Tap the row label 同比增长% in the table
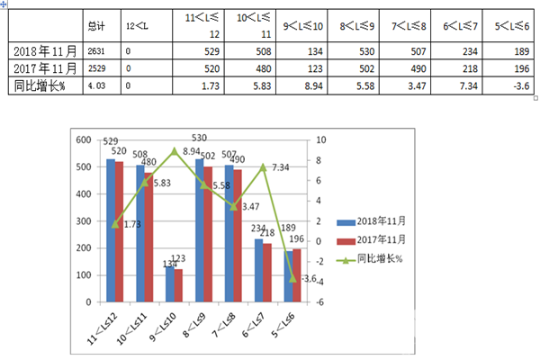point(40,85)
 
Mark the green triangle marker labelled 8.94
point(175,150)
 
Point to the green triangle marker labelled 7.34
point(263,166)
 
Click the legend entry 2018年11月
point(369,221)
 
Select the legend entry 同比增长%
point(369,259)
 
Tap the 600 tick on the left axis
point(85,140)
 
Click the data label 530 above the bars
point(199,138)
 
